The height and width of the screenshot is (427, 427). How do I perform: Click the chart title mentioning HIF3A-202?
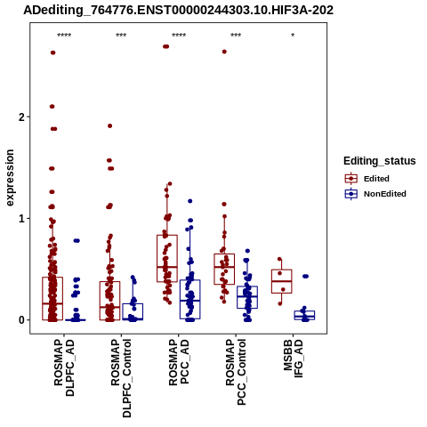pos(178,10)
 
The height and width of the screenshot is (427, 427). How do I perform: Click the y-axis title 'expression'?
pos(10,178)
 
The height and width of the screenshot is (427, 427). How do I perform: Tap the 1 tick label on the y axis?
pos(21,219)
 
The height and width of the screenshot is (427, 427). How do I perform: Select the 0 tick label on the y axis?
pos(21,320)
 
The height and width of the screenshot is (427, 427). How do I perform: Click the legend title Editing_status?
pos(380,161)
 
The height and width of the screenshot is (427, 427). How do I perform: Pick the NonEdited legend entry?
pos(375,194)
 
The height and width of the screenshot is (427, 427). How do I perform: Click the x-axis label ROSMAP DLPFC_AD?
pos(64,367)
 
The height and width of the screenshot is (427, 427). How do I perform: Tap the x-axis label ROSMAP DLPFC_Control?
pos(121,378)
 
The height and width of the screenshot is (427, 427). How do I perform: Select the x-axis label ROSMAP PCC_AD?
pos(179,362)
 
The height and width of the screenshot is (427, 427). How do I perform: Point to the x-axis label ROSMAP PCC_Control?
pos(236,373)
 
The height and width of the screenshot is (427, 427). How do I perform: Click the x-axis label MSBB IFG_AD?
pos(293,359)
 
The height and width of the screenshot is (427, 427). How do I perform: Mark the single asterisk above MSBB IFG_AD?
pos(293,36)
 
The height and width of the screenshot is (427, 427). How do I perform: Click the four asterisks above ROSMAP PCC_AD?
pos(179,36)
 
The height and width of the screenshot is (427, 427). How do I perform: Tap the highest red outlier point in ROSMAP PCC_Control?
pos(224,52)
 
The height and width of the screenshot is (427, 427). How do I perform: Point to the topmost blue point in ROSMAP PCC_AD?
pos(190,201)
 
